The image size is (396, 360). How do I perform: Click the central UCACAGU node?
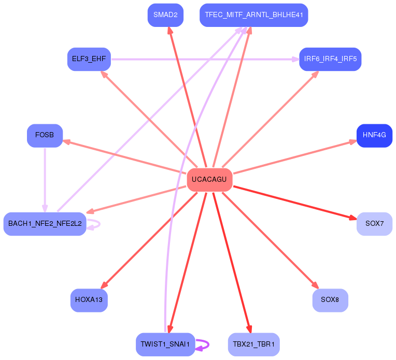point(209,180)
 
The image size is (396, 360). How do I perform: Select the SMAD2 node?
point(165,15)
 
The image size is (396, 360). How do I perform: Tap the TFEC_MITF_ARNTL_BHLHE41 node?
point(253,15)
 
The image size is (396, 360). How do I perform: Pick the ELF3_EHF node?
point(89,59)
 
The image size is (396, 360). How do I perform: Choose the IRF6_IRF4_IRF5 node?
point(330,59)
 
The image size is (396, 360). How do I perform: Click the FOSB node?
point(45,135)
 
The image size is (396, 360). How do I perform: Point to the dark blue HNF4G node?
point(374,135)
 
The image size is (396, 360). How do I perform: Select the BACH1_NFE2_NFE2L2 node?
point(45,224)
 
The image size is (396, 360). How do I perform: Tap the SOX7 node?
point(374,224)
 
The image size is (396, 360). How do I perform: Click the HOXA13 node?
point(89,300)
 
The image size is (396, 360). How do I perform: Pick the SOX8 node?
point(330,300)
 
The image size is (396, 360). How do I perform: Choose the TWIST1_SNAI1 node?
point(165,344)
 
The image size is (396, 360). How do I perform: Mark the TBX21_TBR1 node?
point(253,344)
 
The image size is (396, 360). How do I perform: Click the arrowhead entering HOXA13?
point(103,285)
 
